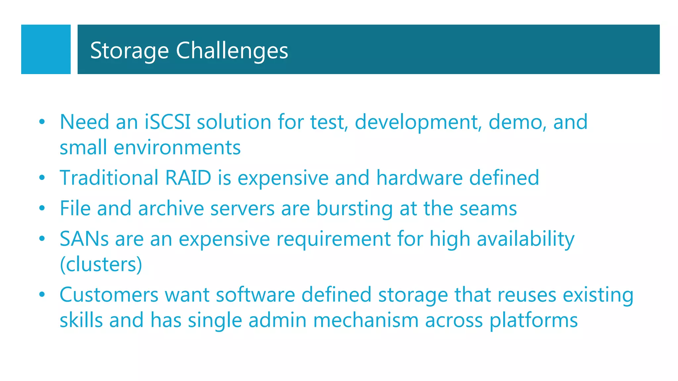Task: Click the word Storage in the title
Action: [129, 51]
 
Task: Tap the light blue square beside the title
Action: [46, 49]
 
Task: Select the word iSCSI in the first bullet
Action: [168, 122]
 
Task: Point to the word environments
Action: [177, 148]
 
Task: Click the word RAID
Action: [188, 178]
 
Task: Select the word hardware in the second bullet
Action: [419, 178]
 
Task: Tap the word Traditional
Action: [109, 178]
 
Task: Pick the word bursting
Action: [354, 208]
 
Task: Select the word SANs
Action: [84, 239]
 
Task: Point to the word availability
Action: [525, 239]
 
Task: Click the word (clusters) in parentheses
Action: [101, 264]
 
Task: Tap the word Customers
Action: [109, 295]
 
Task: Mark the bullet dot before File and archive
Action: [42, 208]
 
